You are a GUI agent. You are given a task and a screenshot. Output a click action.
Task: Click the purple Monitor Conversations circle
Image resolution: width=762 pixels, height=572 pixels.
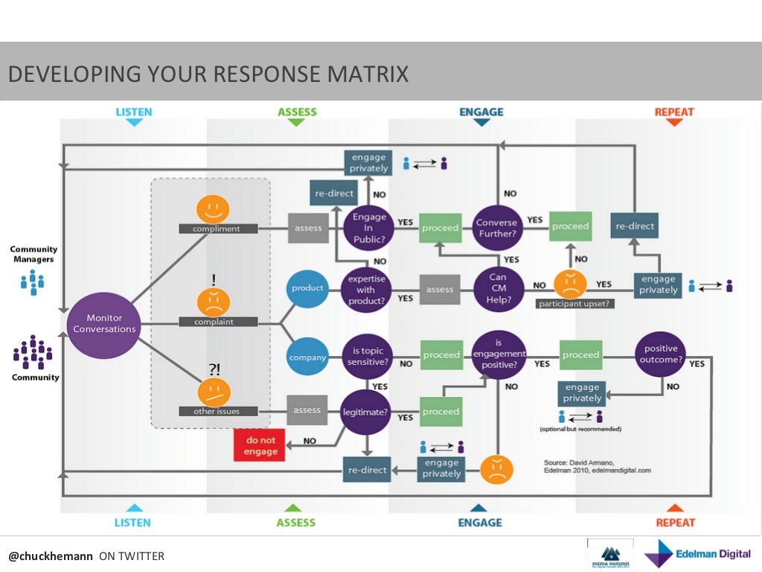(104, 324)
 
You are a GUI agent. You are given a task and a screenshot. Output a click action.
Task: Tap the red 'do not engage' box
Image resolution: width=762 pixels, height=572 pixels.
(260, 445)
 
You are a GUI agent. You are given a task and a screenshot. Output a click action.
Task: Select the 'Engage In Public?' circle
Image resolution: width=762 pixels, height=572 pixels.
(370, 228)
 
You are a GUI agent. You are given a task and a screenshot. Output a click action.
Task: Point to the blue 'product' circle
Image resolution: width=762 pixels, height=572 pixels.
(307, 288)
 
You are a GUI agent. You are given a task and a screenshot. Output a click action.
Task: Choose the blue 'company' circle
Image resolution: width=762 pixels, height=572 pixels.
(307, 357)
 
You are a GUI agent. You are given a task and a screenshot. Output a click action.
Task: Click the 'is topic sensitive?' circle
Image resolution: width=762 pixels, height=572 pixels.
(367, 356)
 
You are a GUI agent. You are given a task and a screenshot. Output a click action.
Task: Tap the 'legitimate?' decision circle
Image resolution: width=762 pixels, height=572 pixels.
(366, 411)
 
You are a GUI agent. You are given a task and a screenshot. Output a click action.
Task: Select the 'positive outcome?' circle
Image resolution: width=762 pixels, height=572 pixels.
(661, 355)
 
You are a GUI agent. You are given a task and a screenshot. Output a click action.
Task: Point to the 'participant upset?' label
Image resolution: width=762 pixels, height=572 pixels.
(574, 304)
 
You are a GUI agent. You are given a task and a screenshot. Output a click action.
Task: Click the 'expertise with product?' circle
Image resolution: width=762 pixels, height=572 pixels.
(366, 289)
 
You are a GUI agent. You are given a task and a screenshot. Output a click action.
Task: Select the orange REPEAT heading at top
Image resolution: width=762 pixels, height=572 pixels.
(673, 112)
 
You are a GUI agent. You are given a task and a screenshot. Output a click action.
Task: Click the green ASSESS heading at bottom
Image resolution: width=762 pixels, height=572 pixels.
(296, 523)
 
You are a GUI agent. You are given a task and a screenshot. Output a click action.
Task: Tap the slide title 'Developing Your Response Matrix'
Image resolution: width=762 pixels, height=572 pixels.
(208, 74)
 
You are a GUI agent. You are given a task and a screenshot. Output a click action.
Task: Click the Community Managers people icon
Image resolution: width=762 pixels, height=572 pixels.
(33, 282)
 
